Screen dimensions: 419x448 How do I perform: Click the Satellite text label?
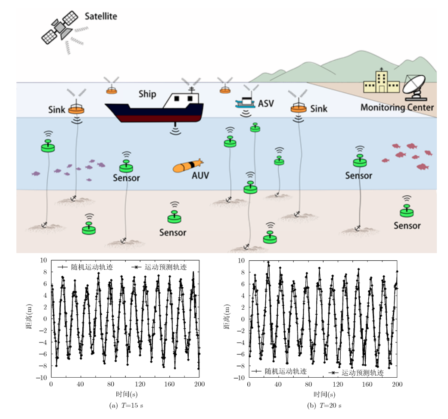coord(100,16)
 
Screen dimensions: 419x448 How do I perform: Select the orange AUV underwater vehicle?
coord(188,166)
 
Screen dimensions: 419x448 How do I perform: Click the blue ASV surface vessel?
coord(246,102)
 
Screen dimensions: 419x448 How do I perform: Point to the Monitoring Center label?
coord(397,107)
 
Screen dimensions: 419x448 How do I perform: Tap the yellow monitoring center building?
coord(381,83)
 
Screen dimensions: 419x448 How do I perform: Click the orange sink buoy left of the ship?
coord(76,109)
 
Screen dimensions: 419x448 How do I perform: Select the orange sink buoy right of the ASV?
coord(298,108)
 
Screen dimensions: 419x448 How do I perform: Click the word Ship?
coord(147,94)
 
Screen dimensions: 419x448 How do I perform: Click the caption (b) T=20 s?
coord(324,405)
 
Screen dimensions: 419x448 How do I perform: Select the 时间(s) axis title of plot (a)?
coord(125,394)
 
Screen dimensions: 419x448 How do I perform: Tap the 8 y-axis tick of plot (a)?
coord(44,272)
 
